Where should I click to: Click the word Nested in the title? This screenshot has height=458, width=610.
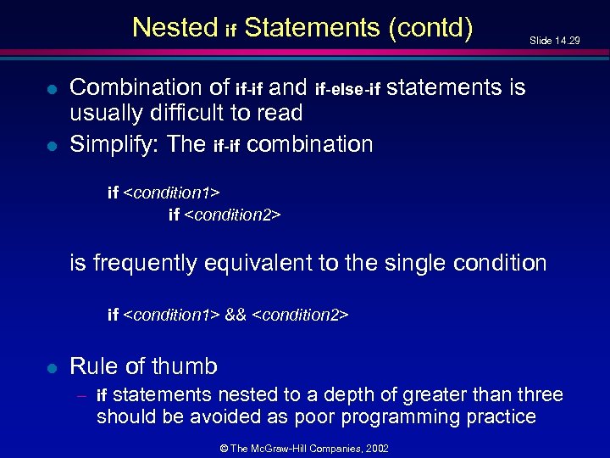[175, 28]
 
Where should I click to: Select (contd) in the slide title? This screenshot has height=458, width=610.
[430, 28]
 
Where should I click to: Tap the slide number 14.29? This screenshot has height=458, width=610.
[567, 40]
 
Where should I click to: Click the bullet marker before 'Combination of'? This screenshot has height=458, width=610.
[51, 88]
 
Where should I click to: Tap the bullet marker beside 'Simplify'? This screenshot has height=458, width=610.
[51, 145]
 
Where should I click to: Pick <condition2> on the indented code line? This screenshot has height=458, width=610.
[233, 215]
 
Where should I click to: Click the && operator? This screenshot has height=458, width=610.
[236, 316]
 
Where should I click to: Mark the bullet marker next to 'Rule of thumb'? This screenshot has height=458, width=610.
[51, 367]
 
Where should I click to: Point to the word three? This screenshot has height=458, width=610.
[532, 394]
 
